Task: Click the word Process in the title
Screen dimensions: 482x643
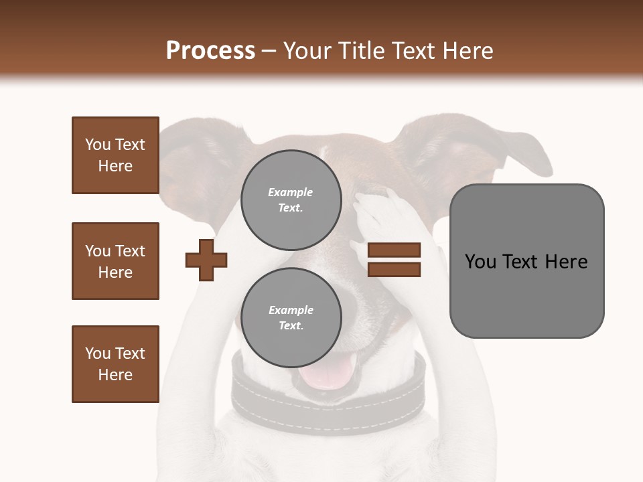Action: pos(210,51)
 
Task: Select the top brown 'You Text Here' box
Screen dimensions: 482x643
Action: pos(115,155)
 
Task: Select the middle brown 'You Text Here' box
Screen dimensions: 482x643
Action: pos(115,261)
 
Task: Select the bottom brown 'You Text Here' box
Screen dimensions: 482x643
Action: pos(115,364)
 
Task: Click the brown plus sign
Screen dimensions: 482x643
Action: pos(206,259)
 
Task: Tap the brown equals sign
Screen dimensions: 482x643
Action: pos(394,260)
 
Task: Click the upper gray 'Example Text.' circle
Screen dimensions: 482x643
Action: pos(291,199)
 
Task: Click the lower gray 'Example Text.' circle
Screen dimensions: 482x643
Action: pos(291,317)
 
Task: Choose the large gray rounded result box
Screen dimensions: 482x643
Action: pos(526,260)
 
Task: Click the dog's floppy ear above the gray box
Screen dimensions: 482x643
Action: pos(469,147)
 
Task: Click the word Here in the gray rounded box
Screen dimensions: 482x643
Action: pos(566,261)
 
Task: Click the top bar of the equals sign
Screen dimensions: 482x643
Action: pos(394,250)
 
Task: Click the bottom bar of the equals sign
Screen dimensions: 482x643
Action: pos(394,270)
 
